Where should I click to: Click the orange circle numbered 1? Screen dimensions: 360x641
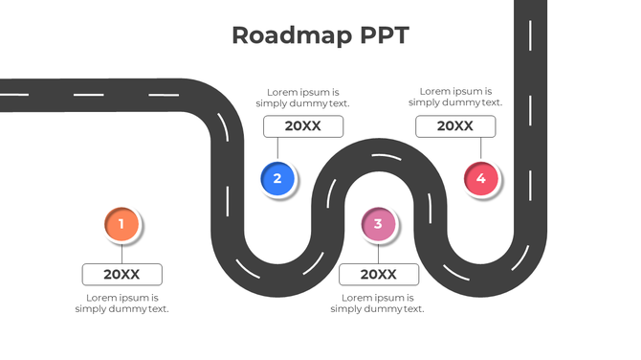point(122,224)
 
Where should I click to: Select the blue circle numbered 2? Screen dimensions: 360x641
point(277,178)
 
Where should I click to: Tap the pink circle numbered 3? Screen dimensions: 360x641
point(378,225)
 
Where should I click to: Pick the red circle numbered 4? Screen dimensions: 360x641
point(481,178)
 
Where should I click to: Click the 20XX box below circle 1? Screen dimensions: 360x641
point(122,275)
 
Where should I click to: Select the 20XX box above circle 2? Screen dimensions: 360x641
point(303,126)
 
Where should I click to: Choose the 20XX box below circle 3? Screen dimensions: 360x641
point(378,275)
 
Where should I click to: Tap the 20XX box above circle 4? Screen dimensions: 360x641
point(455,126)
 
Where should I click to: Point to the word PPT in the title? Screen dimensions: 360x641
point(384,35)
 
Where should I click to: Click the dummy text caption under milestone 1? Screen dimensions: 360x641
point(122,304)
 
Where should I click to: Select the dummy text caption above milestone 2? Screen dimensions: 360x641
point(302,98)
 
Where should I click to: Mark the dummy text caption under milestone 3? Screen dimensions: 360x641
point(378,304)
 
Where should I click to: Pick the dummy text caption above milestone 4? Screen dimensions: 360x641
point(455,97)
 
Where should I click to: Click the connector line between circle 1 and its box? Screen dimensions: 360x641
point(122,253)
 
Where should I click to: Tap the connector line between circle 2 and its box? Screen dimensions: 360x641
point(277,148)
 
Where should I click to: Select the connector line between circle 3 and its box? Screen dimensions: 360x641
point(378,253)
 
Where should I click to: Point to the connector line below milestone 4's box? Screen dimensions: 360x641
point(481,148)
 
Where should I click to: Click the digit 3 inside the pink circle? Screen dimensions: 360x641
point(378,225)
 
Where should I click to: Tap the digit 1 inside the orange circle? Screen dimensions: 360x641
point(122,224)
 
